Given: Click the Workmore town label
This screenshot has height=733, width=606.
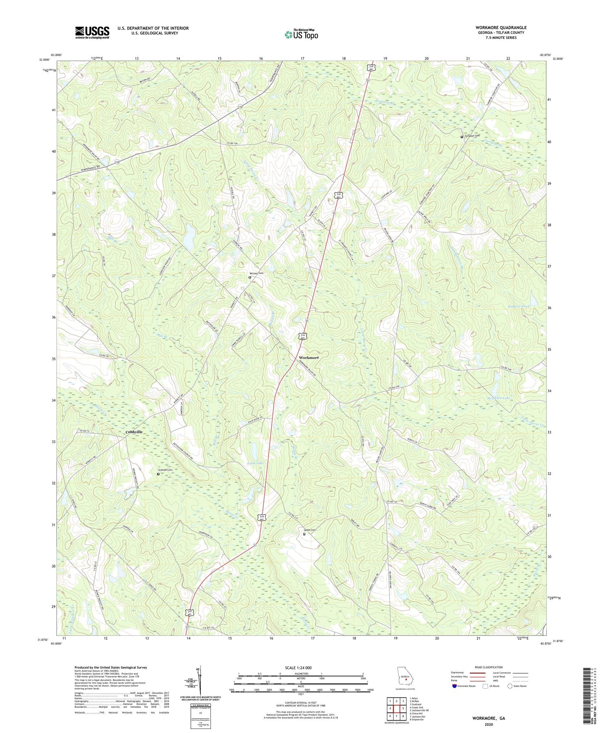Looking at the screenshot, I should coord(309,357).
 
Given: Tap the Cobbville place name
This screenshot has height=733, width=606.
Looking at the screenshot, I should coord(134,432).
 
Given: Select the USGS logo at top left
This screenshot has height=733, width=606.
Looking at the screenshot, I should coord(92,32).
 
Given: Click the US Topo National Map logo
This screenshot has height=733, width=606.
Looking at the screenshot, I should coord(301,34).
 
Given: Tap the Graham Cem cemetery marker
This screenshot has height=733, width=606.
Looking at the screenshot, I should coord(158,474).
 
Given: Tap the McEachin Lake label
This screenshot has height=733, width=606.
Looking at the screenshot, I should coord(497,398).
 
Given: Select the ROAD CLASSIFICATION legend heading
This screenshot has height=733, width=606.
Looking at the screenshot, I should coord(489,667).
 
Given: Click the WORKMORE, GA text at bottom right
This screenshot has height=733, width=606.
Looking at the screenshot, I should coord(488,718).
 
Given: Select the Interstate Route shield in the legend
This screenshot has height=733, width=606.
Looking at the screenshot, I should coord(455,686).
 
